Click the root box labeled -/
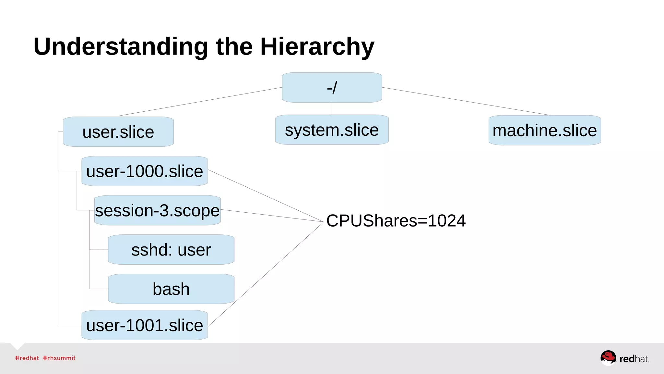(332, 88)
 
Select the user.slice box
(118, 132)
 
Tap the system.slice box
(332, 130)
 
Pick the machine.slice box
(544, 131)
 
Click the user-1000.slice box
(145, 171)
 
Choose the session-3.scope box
(157, 210)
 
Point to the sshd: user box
(171, 250)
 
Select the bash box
(171, 289)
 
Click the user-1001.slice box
(145, 325)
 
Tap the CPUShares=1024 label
(396, 221)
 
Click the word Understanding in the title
(121, 47)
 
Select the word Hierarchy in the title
(317, 47)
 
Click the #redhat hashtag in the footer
(27, 358)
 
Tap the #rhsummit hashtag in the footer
(59, 358)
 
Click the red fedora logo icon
(608, 357)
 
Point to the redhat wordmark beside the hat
(634, 359)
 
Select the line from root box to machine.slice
(466, 101)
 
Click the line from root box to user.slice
(201, 102)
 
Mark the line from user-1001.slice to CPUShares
(266, 274)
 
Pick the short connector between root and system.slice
(331, 108)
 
